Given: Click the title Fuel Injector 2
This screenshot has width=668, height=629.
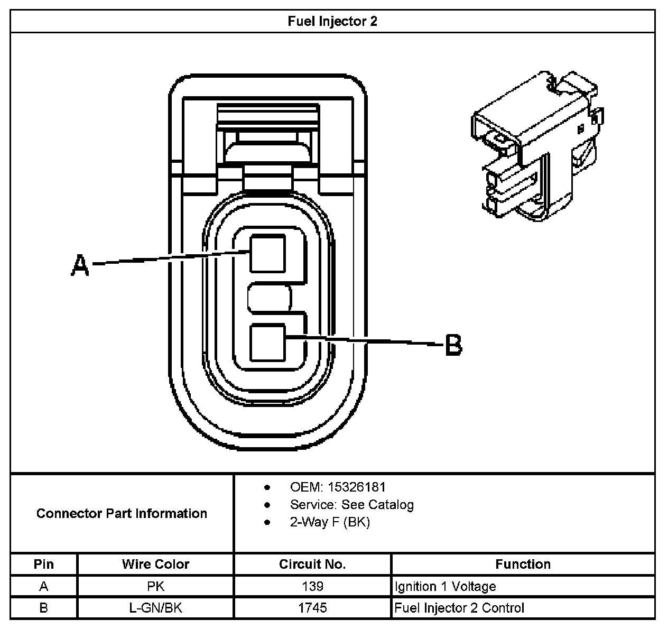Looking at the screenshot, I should click(332, 22).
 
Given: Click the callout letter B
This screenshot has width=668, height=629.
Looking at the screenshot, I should click(453, 345).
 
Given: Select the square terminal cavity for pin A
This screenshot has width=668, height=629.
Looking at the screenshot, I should click(268, 254).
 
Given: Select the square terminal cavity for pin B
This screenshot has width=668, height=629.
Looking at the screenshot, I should click(268, 343).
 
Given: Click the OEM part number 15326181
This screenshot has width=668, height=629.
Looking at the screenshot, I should click(356, 487).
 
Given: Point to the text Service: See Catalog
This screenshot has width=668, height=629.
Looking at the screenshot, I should click(351, 504).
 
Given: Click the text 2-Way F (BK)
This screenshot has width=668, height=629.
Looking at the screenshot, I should click(330, 522).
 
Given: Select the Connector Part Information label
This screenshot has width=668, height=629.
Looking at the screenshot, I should click(122, 513).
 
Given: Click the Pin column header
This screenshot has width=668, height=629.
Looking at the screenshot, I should click(44, 564).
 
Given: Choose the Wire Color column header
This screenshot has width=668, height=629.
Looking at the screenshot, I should click(155, 564).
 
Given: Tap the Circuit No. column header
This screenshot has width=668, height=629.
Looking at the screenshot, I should click(312, 564).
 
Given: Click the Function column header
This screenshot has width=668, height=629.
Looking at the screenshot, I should click(523, 564).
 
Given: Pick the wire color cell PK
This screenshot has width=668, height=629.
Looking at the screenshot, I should click(155, 586).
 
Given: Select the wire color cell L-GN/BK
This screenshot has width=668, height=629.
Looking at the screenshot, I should click(155, 608).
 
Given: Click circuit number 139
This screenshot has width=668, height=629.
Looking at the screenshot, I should click(312, 586).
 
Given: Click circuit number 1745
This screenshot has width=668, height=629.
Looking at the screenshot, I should click(312, 608).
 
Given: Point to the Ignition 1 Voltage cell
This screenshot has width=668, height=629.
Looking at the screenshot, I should click(446, 586).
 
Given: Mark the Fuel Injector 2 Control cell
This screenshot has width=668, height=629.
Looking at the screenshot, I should click(459, 608).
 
